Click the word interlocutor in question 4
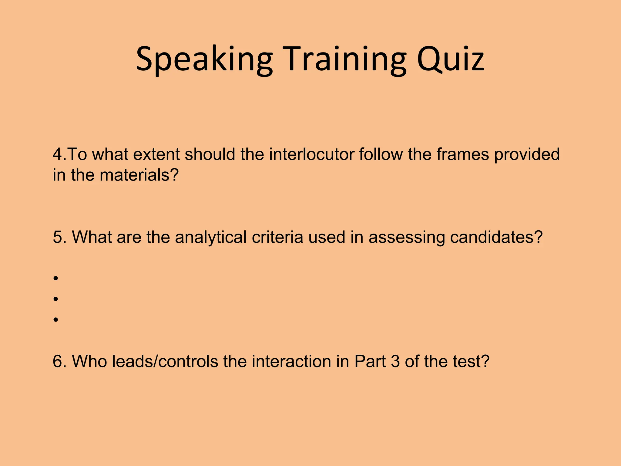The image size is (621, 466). pyautogui.click(x=311, y=154)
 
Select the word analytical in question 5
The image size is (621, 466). pyautogui.click(x=211, y=237)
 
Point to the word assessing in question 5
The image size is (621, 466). pyautogui.click(x=407, y=237)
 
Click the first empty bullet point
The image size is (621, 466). pyautogui.click(x=55, y=278)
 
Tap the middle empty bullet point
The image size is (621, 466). pyautogui.click(x=55, y=299)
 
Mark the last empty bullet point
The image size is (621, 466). pyautogui.click(x=55, y=320)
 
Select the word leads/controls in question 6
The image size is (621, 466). pyautogui.click(x=165, y=361)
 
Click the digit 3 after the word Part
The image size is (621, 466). pyautogui.click(x=395, y=361)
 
